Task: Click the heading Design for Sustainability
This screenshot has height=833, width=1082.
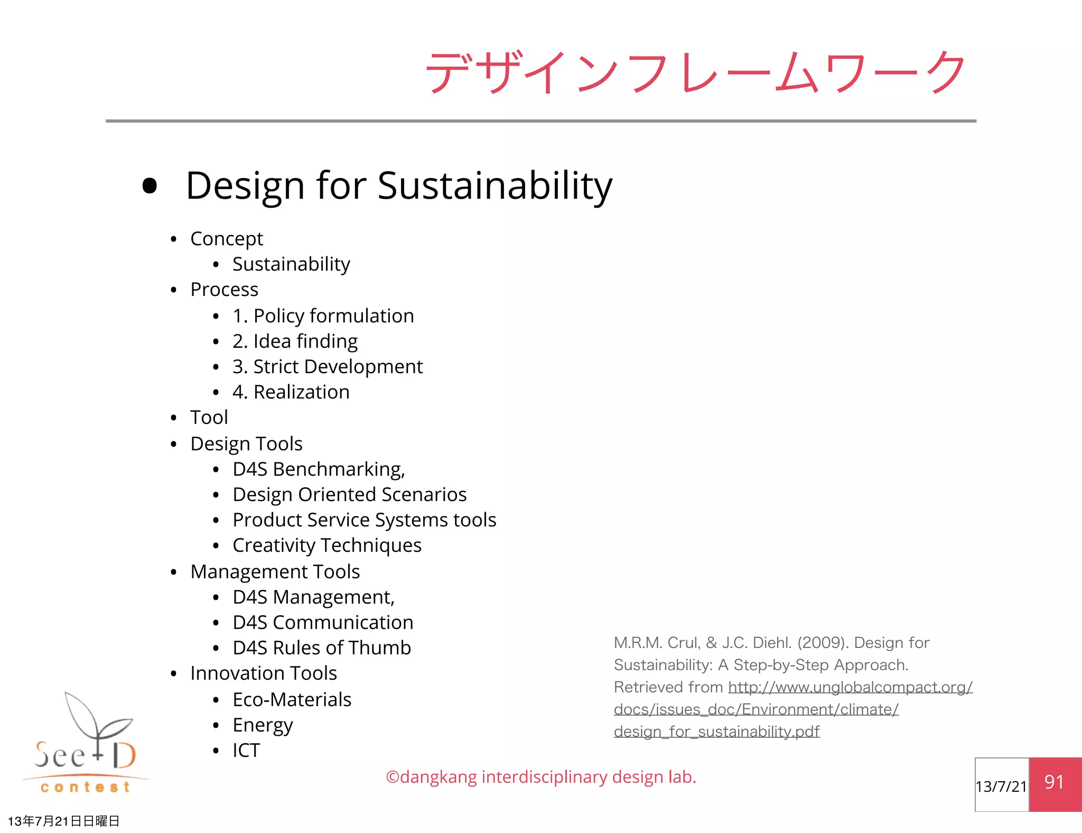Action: point(399,186)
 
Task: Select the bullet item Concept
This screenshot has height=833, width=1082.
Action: point(226,239)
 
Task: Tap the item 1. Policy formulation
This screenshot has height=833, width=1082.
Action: point(323,316)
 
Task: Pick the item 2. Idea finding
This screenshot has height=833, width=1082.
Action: point(295,341)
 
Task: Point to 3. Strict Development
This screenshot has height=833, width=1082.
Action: point(328,367)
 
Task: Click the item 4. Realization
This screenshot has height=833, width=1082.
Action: point(291,392)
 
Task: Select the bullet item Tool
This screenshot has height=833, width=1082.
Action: point(209,418)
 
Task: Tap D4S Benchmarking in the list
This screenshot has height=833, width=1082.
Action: point(319,469)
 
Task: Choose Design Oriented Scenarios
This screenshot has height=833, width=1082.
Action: point(349,495)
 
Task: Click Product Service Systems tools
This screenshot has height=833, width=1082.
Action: point(364,520)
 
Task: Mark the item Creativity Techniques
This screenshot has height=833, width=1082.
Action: point(327,545)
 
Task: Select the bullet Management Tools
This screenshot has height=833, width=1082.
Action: point(275,572)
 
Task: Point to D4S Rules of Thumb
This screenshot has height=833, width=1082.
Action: point(321,648)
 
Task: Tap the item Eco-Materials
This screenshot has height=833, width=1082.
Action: point(292,700)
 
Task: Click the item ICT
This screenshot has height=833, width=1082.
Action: point(246,751)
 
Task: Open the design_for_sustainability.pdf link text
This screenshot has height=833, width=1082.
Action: point(716,732)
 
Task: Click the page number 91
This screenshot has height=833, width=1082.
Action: point(1054,782)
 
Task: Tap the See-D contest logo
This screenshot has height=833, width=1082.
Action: point(86,745)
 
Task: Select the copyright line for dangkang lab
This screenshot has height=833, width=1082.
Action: point(541,777)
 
